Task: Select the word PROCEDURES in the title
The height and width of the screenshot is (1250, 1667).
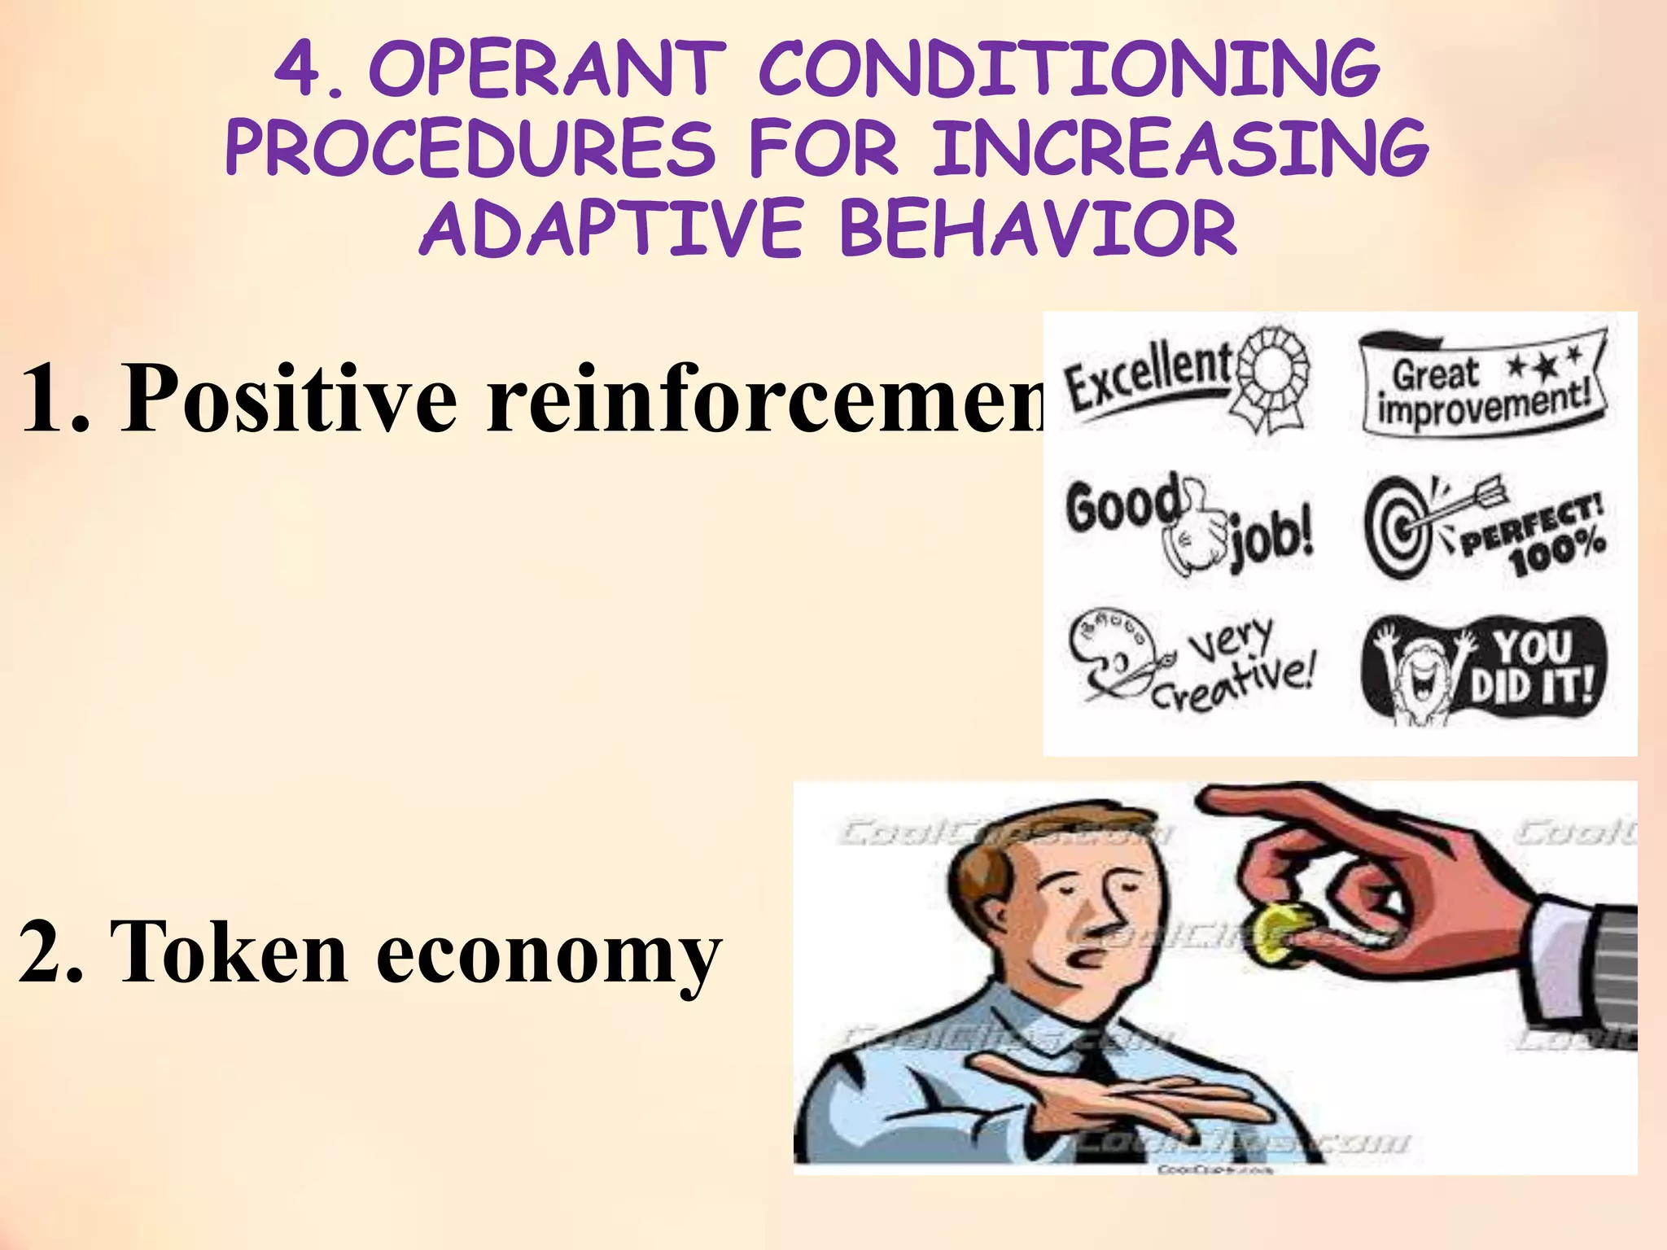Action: (x=470, y=149)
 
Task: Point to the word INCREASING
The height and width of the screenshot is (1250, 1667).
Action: (x=1180, y=149)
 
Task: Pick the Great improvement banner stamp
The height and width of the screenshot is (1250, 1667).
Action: (x=1483, y=382)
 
